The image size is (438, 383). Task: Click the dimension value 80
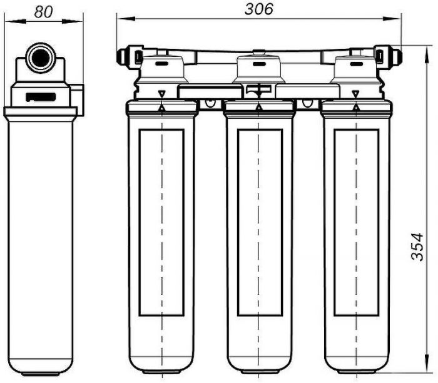[x=43, y=12]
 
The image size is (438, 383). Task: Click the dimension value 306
[x=258, y=9]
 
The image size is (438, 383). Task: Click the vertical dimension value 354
[x=417, y=247]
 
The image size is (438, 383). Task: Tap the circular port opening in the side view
[x=41, y=58]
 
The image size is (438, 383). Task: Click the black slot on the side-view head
[x=41, y=97]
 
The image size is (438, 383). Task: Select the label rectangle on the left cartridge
[x=161, y=223]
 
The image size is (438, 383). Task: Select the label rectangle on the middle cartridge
[x=260, y=223]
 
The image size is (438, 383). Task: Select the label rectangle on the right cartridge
[x=356, y=223]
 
